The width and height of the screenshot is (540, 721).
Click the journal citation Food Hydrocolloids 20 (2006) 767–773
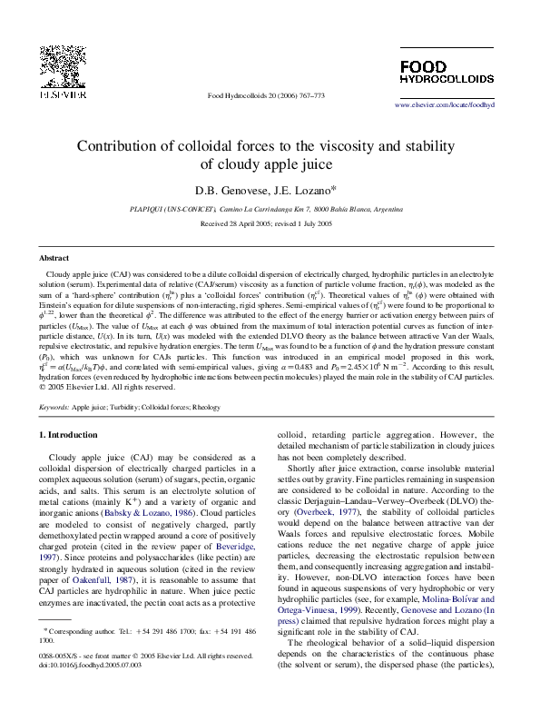266,95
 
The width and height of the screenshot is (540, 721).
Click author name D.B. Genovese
223,190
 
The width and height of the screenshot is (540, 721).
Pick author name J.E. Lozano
306,190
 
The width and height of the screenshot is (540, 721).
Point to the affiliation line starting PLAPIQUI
270,209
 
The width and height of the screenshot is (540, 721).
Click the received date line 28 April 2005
269,222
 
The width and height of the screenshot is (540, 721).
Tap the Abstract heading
54,259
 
